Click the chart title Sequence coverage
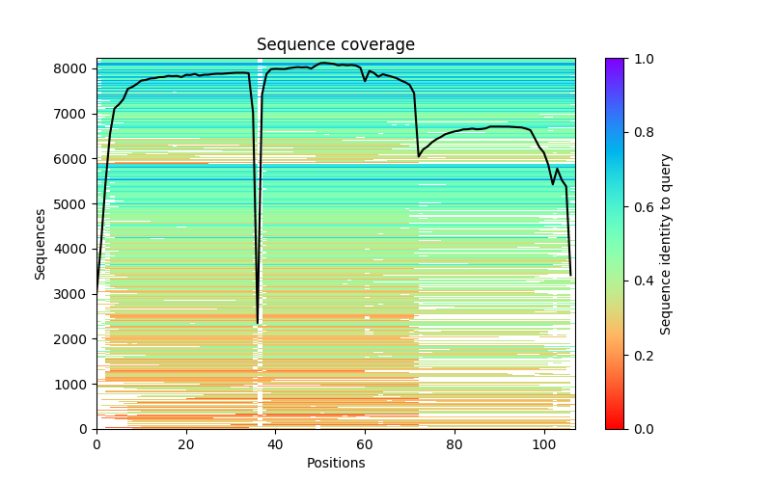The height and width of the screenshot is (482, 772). click(335, 45)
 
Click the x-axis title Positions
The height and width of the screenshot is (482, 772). click(335, 463)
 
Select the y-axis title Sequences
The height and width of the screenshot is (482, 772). click(41, 243)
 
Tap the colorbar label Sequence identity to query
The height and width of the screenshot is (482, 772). click(666, 243)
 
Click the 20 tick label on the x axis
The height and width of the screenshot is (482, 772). click(186, 443)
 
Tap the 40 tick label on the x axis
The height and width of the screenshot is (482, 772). click(275, 443)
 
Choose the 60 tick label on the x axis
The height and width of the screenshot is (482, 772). click(365, 443)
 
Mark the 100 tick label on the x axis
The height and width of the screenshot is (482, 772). click(544, 443)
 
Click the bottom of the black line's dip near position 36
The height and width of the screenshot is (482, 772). click(258, 322)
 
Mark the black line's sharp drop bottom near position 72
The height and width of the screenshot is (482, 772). click(419, 156)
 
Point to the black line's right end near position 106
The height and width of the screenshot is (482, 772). click(570, 276)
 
